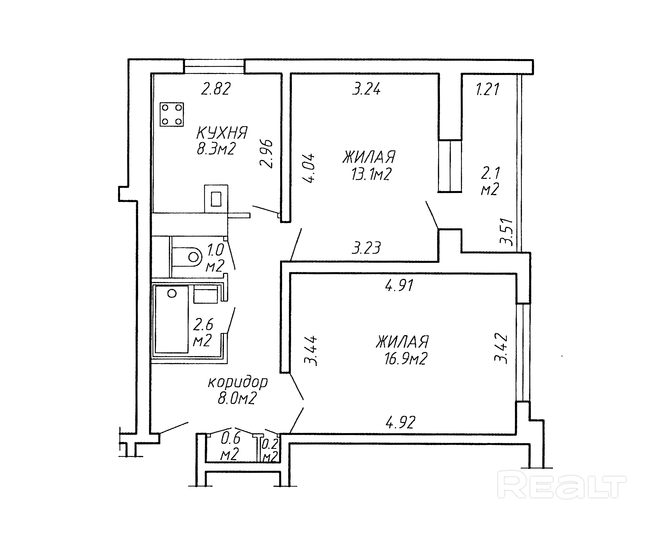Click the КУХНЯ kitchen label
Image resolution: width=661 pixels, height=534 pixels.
[x=222, y=133]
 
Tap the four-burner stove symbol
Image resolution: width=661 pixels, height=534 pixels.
[x=172, y=114]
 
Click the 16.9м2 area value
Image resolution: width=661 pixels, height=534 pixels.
[x=406, y=358]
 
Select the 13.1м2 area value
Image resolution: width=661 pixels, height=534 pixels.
[x=371, y=174]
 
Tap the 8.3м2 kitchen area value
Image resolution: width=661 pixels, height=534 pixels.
[x=216, y=149]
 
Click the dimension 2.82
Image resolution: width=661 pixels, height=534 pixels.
[x=216, y=89]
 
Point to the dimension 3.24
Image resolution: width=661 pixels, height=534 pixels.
[x=366, y=89]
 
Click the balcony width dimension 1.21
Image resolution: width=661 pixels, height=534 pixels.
[x=487, y=89]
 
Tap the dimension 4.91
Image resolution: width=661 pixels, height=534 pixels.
[x=399, y=285]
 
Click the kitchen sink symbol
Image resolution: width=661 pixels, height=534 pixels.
[x=216, y=198]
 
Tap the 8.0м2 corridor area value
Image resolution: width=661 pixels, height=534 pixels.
[x=237, y=399]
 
